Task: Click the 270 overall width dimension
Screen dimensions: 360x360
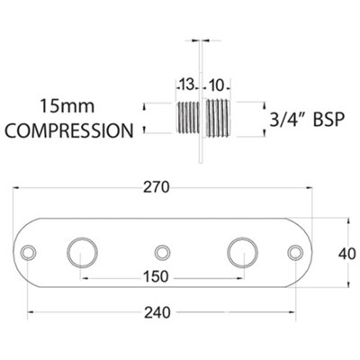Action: pyautogui.click(x=156, y=187)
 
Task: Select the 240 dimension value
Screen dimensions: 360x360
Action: pyautogui.click(x=157, y=313)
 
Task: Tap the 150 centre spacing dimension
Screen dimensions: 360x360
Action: pyautogui.click(x=156, y=276)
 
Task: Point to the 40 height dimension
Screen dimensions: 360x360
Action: pyautogui.click(x=347, y=254)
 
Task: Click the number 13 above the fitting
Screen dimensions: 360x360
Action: pyautogui.click(x=187, y=85)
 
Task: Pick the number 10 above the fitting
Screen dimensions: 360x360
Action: pyautogui.click(x=216, y=85)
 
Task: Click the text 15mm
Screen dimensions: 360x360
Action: pyautogui.click(x=67, y=106)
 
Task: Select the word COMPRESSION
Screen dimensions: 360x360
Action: pyautogui.click(x=69, y=130)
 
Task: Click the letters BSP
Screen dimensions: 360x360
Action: pyautogui.click(x=328, y=120)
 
